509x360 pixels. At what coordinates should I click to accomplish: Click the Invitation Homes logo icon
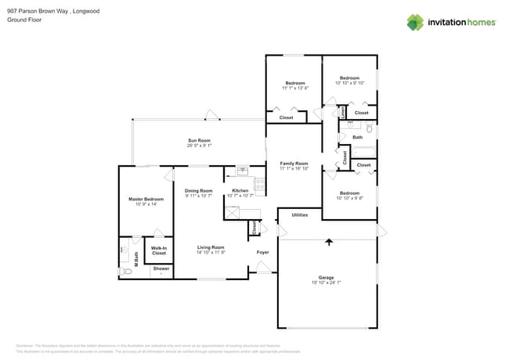(415, 22)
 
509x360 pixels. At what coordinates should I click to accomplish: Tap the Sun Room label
(199, 141)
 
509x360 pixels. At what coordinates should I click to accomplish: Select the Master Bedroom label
(146, 200)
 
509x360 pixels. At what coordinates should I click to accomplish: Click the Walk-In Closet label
(159, 250)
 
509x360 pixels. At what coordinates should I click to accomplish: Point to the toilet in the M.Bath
(126, 271)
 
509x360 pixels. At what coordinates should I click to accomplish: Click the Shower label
(161, 268)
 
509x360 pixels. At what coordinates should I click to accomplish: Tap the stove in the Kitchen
(259, 185)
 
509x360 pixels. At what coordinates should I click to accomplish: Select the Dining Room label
(199, 191)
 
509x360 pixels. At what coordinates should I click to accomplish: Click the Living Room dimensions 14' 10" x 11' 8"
(211, 253)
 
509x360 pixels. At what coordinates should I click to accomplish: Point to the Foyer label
(263, 252)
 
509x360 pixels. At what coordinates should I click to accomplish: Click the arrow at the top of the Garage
(329, 242)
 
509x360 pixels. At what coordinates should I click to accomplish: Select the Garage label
(326, 277)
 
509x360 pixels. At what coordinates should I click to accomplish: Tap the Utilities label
(299, 214)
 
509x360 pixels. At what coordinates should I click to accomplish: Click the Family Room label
(294, 163)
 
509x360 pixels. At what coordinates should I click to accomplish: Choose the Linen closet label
(343, 113)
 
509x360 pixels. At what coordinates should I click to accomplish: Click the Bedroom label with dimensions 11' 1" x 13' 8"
(295, 83)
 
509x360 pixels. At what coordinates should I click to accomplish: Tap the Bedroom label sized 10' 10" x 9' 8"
(349, 193)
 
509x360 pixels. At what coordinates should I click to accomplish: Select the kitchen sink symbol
(243, 170)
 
